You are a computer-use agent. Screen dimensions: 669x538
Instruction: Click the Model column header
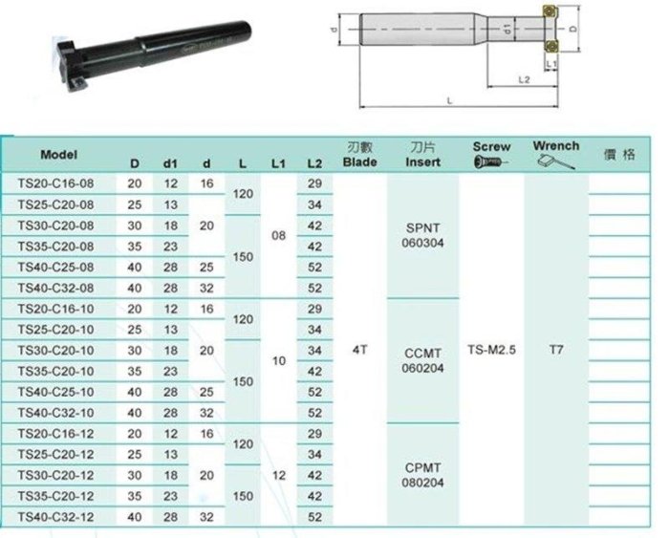pyautogui.click(x=59, y=155)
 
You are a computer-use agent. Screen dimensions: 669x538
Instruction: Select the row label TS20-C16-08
pyautogui.click(x=55, y=183)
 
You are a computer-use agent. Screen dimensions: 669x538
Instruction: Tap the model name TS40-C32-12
pyautogui.click(x=55, y=517)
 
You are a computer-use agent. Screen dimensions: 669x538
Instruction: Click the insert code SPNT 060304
pyautogui.click(x=422, y=235)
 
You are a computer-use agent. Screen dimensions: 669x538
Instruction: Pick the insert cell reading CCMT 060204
pyautogui.click(x=422, y=360)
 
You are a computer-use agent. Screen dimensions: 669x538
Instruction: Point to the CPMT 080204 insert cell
pyautogui.click(x=422, y=475)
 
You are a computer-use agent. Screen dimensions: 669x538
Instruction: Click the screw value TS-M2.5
pyautogui.click(x=491, y=350)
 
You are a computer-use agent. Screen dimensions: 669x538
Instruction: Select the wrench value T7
pyautogui.click(x=556, y=350)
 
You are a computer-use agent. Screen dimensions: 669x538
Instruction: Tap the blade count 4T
pyautogui.click(x=359, y=350)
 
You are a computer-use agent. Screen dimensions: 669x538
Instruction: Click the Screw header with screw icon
pyautogui.click(x=491, y=154)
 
